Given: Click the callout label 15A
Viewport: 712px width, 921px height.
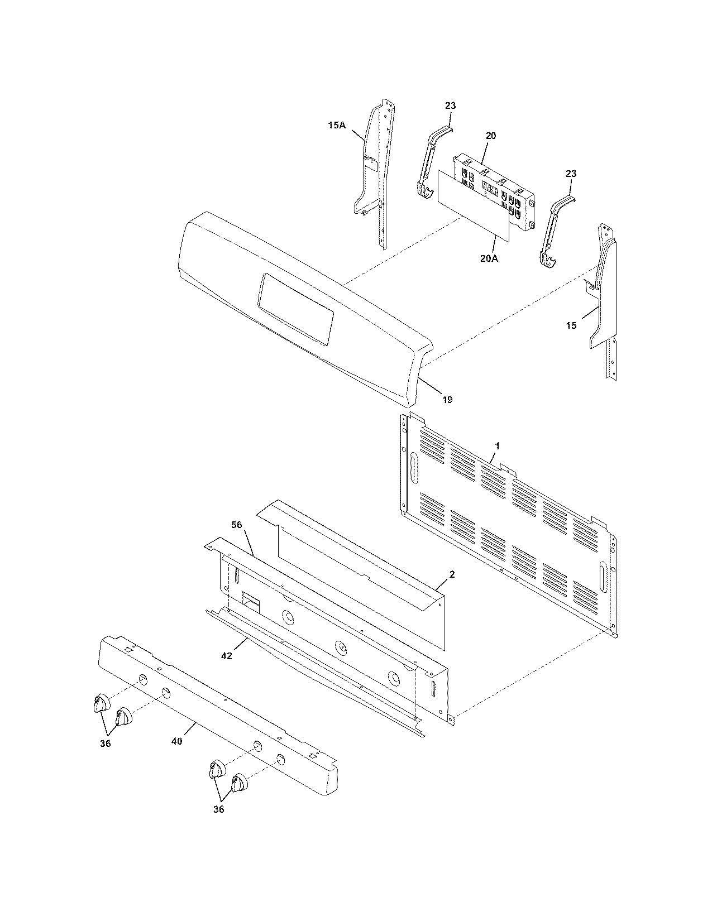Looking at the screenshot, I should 336,126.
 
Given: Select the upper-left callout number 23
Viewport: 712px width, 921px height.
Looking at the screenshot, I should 450,105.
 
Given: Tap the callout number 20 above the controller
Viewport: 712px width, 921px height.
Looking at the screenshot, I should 490,136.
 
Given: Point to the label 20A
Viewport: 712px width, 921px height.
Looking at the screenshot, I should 489,258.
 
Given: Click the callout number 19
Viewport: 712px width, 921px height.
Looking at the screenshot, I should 447,400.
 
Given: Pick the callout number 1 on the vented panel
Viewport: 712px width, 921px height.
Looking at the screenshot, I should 498,446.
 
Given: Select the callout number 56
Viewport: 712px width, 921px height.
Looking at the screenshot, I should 236,525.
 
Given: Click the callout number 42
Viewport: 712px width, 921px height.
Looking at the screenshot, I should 226,656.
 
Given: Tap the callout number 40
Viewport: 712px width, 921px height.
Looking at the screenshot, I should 177,742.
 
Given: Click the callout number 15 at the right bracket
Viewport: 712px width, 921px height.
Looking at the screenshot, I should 571,325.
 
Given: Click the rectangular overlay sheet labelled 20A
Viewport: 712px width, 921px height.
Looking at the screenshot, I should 474,207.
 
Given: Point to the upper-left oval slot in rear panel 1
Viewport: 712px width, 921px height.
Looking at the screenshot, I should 413,467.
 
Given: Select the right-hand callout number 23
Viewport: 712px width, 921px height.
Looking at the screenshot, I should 570,174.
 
